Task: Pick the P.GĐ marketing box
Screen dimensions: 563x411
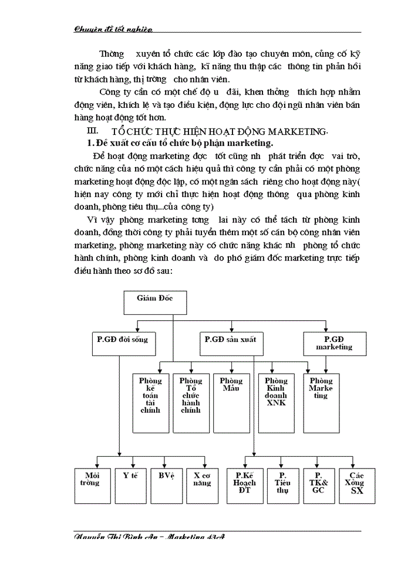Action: pos(334,343)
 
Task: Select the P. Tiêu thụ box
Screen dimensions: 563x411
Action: pos(282,486)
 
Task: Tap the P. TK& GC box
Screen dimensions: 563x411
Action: pos(318,486)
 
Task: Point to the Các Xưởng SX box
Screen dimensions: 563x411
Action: pos(356,486)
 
